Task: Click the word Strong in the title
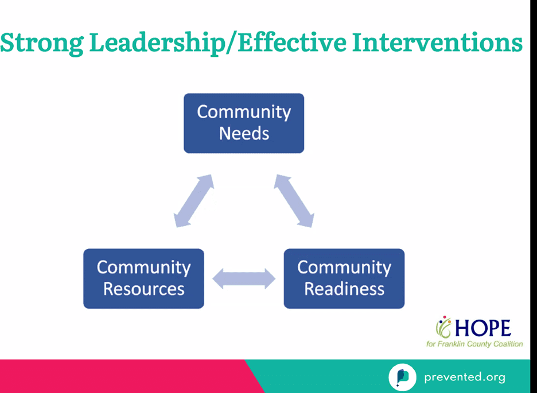pyautogui.click(x=41, y=44)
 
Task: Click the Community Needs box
pyautogui.click(x=244, y=123)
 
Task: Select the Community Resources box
pyautogui.click(x=143, y=279)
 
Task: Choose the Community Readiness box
pyautogui.click(x=344, y=279)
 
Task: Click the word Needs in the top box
pyautogui.click(x=244, y=133)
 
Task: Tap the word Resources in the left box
pyautogui.click(x=144, y=289)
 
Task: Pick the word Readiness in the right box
pyautogui.click(x=344, y=289)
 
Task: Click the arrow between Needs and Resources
pyautogui.click(x=194, y=201)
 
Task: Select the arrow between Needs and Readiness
pyautogui.click(x=294, y=201)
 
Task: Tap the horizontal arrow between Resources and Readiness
pyautogui.click(x=244, y=279)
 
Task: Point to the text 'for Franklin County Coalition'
pyautogui.click(x=474, y=344)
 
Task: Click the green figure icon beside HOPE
pyautogui.click(x=444, y=326)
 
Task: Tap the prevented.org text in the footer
pyautogui.click(x=465, y=378)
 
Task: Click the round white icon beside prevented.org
pyautogui.click(x=402, y=378)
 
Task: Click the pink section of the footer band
pyautogui.click(x=127, y=376)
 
